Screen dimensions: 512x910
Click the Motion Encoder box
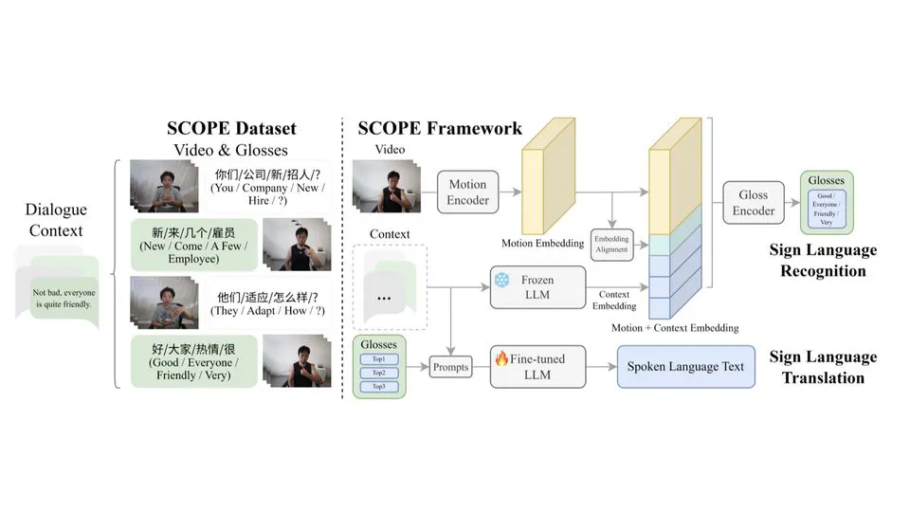468,192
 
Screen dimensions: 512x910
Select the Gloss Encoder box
754,203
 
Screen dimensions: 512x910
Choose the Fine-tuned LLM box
537,366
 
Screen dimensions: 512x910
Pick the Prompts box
450,367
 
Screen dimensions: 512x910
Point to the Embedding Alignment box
611,245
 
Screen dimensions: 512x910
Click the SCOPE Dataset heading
231,128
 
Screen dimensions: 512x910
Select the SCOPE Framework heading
440,128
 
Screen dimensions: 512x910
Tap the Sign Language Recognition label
823,261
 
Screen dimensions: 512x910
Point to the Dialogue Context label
56,220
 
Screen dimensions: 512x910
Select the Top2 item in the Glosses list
378,374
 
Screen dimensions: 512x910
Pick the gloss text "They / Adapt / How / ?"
267,309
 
